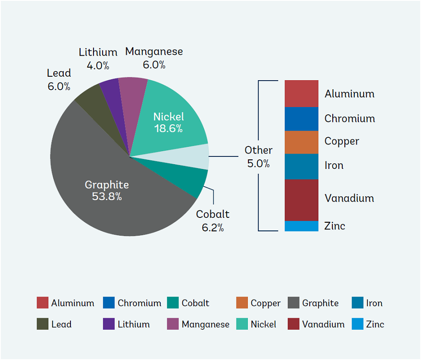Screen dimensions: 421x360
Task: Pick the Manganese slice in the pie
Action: (131, 99)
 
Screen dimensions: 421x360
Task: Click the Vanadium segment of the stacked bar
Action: (302, 200)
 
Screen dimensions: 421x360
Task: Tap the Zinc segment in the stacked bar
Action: (302, 226)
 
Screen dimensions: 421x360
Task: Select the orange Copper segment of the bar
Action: (302, 142)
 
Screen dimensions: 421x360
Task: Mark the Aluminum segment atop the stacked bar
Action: (302, 94)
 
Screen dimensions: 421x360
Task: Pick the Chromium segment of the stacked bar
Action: (302, 119)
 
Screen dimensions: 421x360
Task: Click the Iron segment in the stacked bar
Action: (302, 167)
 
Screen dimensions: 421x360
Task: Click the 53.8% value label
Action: (107, 196)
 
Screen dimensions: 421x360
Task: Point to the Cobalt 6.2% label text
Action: (212, 221)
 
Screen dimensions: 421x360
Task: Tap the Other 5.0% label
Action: (258, 157)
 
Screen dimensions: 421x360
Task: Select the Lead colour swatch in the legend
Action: (42, 324)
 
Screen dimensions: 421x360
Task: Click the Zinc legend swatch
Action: (357, 324)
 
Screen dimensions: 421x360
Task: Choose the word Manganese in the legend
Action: (205, 324)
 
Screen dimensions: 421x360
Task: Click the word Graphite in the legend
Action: (320, 303)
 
